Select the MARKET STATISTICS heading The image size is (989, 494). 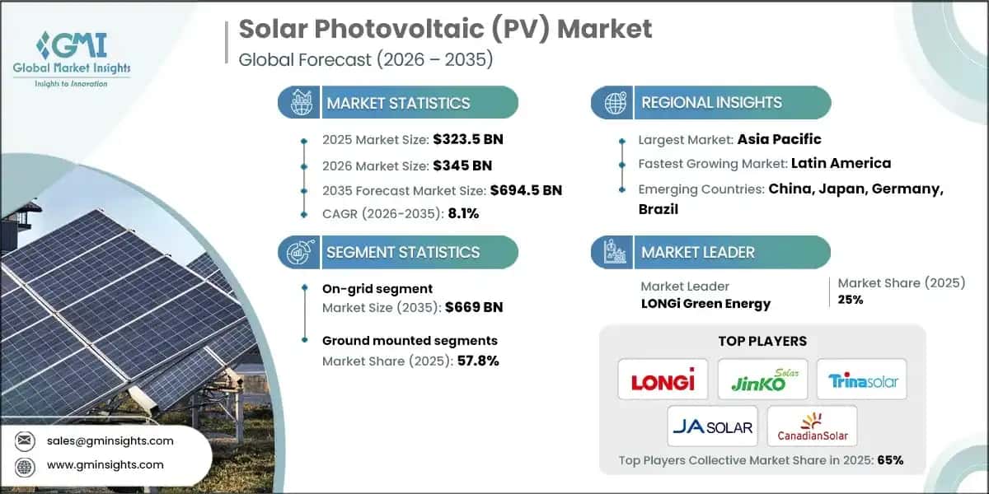[x=398, y=103]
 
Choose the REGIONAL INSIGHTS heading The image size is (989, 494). [x=711, y=103]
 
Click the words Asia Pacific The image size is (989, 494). [x=779, y=139]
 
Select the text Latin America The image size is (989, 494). [x=841, y=163]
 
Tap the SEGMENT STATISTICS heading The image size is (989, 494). [x=402, y=253]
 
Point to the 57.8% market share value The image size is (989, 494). [x=477, y=361]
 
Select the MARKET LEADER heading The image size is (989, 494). [x=698, y=253]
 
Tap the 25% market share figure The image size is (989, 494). [x=850, y=300]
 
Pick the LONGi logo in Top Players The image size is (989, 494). [x=663, y=381]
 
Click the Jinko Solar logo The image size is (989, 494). [x=762, y=380]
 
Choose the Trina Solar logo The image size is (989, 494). [x=861, y=381]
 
